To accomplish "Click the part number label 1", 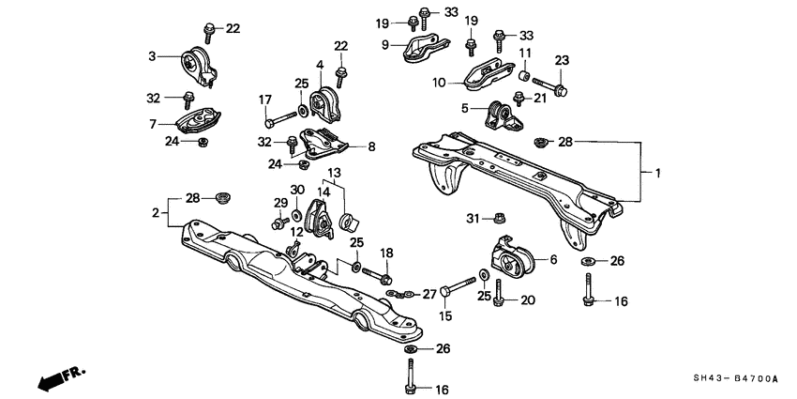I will (x=657, y=173).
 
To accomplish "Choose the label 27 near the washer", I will (x=431, y=293).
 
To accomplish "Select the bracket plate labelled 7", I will (x=196, y=123).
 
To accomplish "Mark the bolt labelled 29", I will (x=278, y=223).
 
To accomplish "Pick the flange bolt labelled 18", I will (x=383, y=276).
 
